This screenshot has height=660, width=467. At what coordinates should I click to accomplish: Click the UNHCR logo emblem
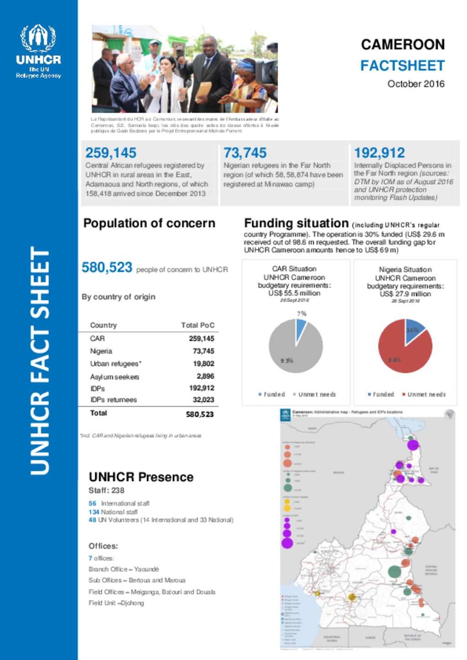[x=38, y=38]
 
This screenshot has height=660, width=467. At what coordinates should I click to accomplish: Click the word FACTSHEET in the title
[x=402, y=66]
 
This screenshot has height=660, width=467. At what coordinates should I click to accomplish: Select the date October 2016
[x=415, y=84]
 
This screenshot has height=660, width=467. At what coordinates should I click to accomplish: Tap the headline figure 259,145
[x=111, y=153]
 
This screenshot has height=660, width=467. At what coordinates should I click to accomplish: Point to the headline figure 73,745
[x=245, y=153]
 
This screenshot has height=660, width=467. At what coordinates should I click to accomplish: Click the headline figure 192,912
[x=379, y=153]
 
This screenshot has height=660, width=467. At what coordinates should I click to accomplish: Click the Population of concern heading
[x=149, y=223]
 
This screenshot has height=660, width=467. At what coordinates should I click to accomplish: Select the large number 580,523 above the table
[x=107, y=267]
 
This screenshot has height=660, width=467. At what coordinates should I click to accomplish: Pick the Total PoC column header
[x=197, y=325]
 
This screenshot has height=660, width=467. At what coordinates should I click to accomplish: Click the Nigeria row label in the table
[x=101, y=351]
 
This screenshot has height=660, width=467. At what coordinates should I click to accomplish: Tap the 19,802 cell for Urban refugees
[x=203, y=363]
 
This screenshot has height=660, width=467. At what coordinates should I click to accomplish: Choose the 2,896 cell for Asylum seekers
[x=205, y=376]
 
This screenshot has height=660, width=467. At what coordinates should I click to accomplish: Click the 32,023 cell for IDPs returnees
[x=203, y=400]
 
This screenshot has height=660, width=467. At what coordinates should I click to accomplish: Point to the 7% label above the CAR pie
[x=301, y=314]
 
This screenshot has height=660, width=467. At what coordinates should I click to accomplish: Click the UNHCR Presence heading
[x=141, y=477]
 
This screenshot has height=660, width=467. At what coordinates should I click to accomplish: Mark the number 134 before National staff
[x=94, y=512]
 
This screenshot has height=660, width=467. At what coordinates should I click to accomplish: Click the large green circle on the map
[x=394, y=571]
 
